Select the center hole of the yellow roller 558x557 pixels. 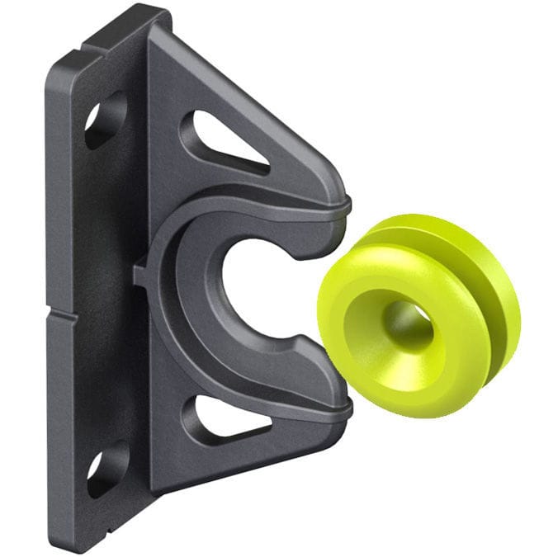[407, 326]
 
